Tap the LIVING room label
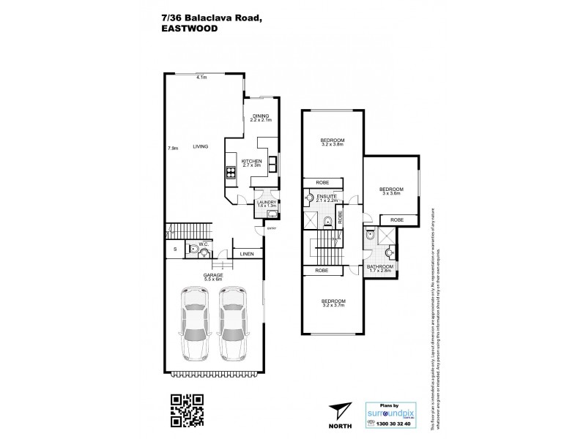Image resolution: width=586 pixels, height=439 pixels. coord(201,147)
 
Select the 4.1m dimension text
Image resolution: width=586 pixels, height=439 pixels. coord(201,78)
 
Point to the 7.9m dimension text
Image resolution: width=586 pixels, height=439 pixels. coord(173,149)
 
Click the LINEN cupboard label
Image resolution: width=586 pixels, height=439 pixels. coord(246,255)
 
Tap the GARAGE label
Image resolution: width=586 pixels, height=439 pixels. coord(213,276)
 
